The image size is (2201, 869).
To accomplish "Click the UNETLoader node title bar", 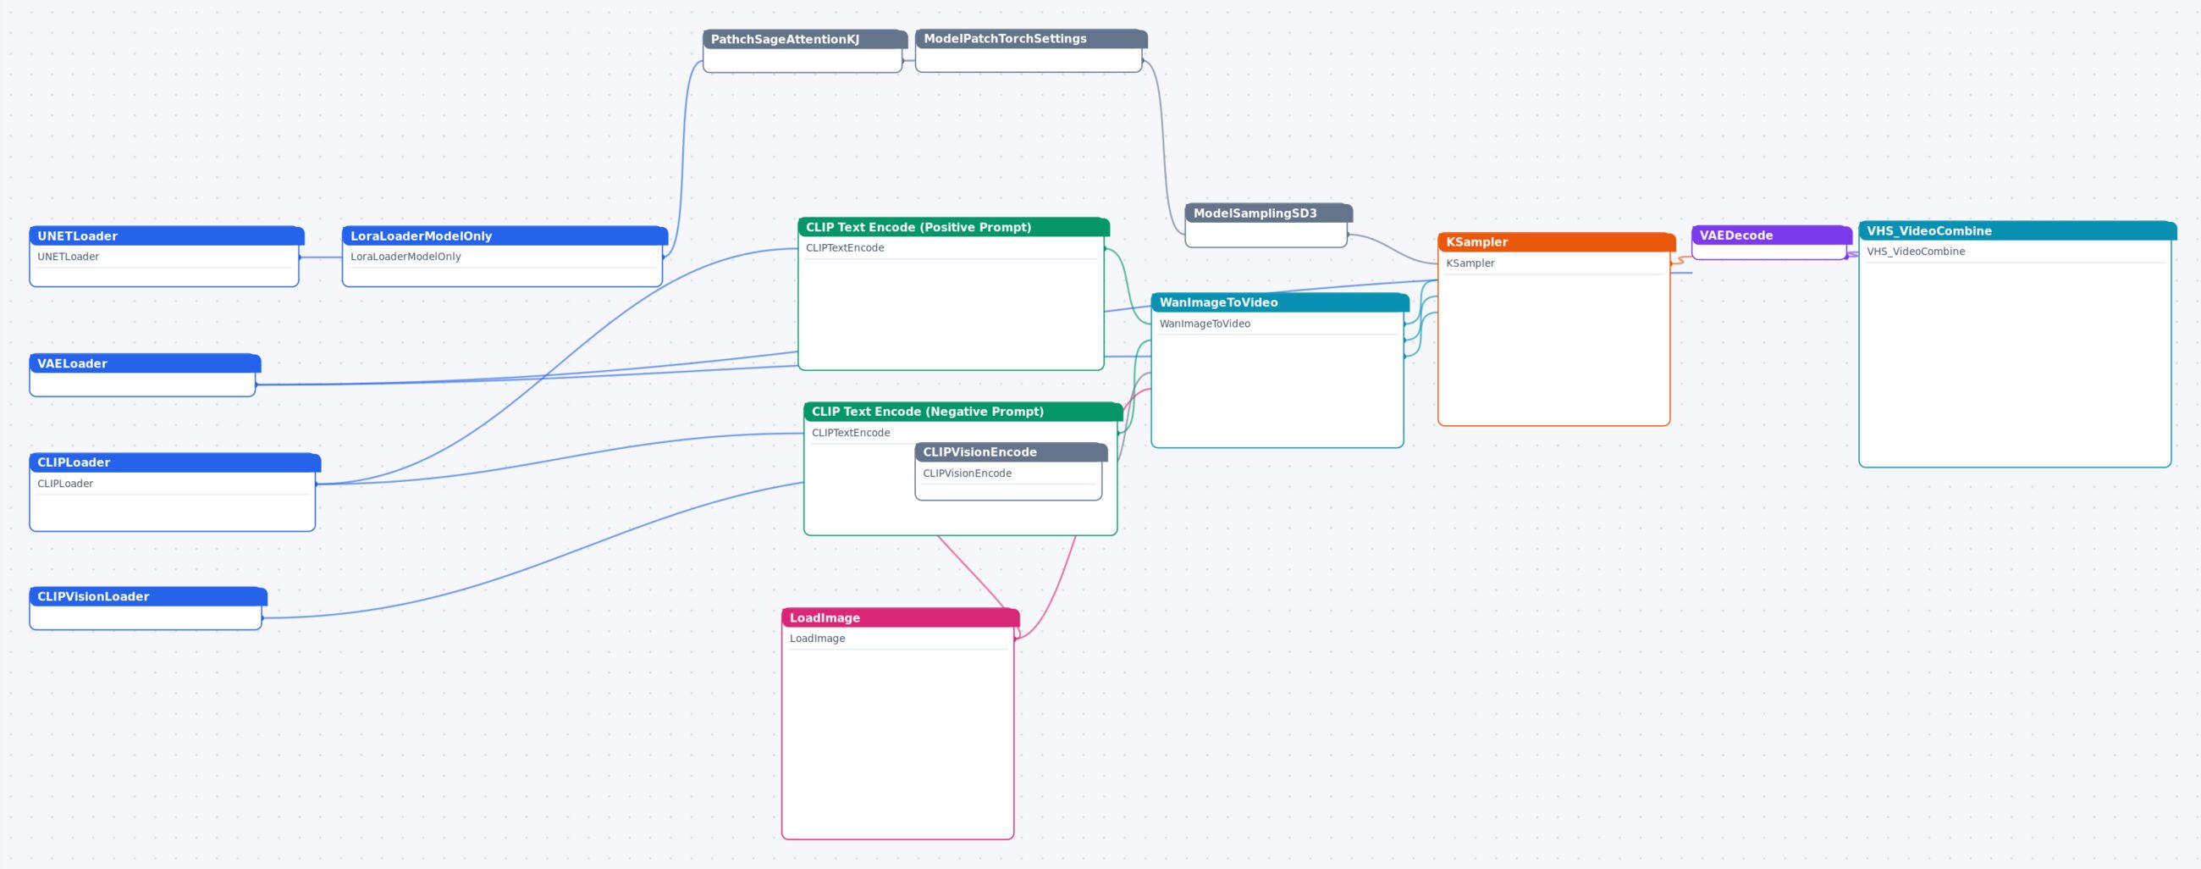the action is pos(167,235).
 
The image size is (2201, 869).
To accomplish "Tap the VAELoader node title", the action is pos(146,363).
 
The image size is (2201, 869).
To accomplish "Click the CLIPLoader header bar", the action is pos(175,462).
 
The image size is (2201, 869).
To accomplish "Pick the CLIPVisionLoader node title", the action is pos(149,596).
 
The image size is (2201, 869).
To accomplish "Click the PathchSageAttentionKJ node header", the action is pos(805,39).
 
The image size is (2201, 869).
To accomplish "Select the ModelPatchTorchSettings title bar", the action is pos(1031,38).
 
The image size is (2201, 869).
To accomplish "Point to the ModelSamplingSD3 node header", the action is pos(1269,213).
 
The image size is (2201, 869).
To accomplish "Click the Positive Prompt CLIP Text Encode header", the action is pos(953,227).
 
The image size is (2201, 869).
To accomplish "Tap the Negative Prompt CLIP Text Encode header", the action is pos(963,411).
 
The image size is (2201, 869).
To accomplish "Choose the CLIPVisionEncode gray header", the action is pos(1012,452).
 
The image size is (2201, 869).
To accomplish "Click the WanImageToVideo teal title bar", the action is pos(1280,302).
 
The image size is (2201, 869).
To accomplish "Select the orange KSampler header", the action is pos(1557,242).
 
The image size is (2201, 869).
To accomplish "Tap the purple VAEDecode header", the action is pos(1772,235).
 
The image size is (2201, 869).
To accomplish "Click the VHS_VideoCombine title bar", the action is pos(2018,230).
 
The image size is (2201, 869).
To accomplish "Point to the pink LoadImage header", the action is pos(901,617).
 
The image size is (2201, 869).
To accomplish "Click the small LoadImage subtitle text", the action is pos(817,639).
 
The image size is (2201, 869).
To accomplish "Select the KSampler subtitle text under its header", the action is pos(1470,263).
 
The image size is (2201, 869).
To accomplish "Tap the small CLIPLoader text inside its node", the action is pos(65,484).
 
